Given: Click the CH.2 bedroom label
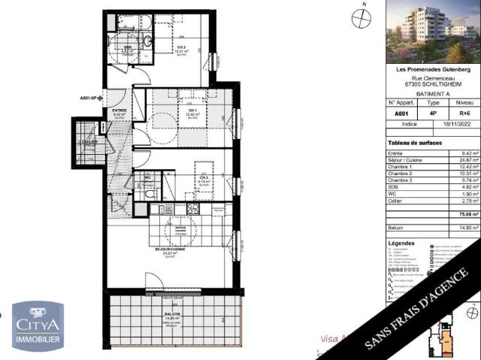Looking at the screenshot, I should (x=181, y=47).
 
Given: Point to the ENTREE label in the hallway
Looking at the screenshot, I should (x=119, y=110).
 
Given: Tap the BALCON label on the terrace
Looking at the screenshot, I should (x=172, y=316).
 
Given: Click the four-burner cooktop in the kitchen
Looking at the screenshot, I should (x=192, y=209).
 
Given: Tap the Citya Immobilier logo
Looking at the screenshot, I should (x=37, y=326).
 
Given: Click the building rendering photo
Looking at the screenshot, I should (x=432, y=32).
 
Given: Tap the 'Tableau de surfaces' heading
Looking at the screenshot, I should (x=415, y=143).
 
